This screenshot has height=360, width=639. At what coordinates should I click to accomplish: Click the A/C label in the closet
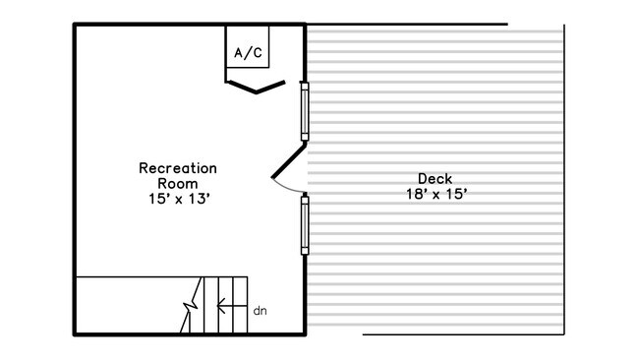pos(248,52)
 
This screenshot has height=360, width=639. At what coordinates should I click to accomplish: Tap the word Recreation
pos(178,168)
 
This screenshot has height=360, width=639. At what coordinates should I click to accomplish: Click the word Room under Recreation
pos(178,184)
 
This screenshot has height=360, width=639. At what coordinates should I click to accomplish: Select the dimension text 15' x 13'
pos(179,199)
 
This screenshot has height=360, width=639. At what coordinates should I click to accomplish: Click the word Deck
pos(435,179)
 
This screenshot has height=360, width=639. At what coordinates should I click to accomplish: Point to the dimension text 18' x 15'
pos(436,194)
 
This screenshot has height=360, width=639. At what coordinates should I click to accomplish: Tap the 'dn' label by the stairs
pos(260,311)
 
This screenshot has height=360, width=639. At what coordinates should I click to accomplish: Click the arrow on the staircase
pos(232,305)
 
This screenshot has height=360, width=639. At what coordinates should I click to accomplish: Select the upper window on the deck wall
pos(305,111)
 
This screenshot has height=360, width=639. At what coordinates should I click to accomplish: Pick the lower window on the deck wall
pos(305,225)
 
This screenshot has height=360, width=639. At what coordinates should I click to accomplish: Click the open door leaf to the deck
pos(288,160)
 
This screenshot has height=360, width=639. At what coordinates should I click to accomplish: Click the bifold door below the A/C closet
pos(256,87)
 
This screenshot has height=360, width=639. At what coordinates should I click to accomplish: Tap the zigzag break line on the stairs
pos(192,305)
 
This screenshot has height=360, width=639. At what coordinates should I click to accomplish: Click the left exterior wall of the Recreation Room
pos(75,179)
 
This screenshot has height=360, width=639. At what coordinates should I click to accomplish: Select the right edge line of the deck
pos(564,179)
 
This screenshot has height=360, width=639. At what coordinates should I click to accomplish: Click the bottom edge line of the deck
pos(463,334)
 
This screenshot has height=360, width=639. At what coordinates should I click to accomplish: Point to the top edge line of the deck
pos(407,25)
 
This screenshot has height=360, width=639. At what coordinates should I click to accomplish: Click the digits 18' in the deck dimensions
pos(416,194)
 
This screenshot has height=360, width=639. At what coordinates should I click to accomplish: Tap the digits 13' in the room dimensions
pos(200,199)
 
